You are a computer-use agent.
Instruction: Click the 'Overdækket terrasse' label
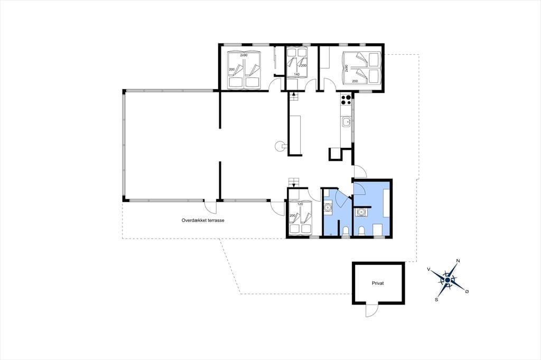point(203,220)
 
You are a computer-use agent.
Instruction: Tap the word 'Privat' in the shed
point(378,283)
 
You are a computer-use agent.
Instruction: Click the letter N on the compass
point(458,261)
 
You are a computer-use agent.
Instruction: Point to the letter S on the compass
point(436,300)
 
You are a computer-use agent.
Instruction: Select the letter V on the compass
point(428,269)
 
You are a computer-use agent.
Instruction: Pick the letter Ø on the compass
point(467,292)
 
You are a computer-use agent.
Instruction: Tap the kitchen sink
point(346,122)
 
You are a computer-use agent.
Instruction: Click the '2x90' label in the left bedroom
point(244,55)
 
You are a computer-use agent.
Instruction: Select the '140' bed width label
point(296,74)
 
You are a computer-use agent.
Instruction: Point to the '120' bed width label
point(300,204)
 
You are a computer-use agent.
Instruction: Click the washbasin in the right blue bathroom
point(361,212)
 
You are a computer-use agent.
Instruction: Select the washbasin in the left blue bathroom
point(328,207)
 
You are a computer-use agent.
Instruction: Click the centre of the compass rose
point(447,280)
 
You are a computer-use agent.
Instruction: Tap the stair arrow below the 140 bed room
point(294,94)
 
